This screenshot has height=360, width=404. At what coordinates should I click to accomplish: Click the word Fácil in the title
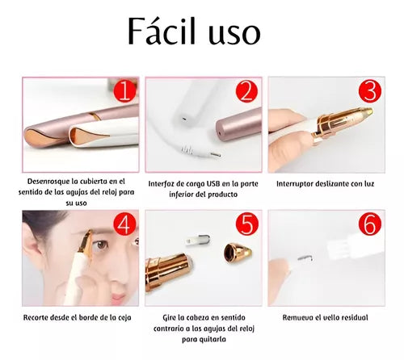162,31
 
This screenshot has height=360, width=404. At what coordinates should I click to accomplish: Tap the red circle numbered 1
125,91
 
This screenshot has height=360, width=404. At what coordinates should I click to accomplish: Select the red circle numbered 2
246,91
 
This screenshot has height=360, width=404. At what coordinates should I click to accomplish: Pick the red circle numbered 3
370,91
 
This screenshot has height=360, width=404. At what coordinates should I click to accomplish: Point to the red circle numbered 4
125,224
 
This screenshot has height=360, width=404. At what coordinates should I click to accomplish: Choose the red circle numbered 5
247,224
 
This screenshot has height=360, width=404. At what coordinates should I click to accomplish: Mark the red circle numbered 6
370,224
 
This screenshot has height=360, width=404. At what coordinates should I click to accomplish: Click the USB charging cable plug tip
216,155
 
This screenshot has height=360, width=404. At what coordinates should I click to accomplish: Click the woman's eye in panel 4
101,245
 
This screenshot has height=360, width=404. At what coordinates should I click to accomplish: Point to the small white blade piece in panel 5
198,240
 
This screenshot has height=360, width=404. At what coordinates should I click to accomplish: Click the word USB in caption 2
214,183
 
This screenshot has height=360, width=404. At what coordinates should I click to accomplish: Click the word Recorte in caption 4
36,317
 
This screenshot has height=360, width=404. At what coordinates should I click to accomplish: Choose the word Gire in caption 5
170,317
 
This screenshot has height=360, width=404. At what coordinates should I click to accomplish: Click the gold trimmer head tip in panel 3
369,110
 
